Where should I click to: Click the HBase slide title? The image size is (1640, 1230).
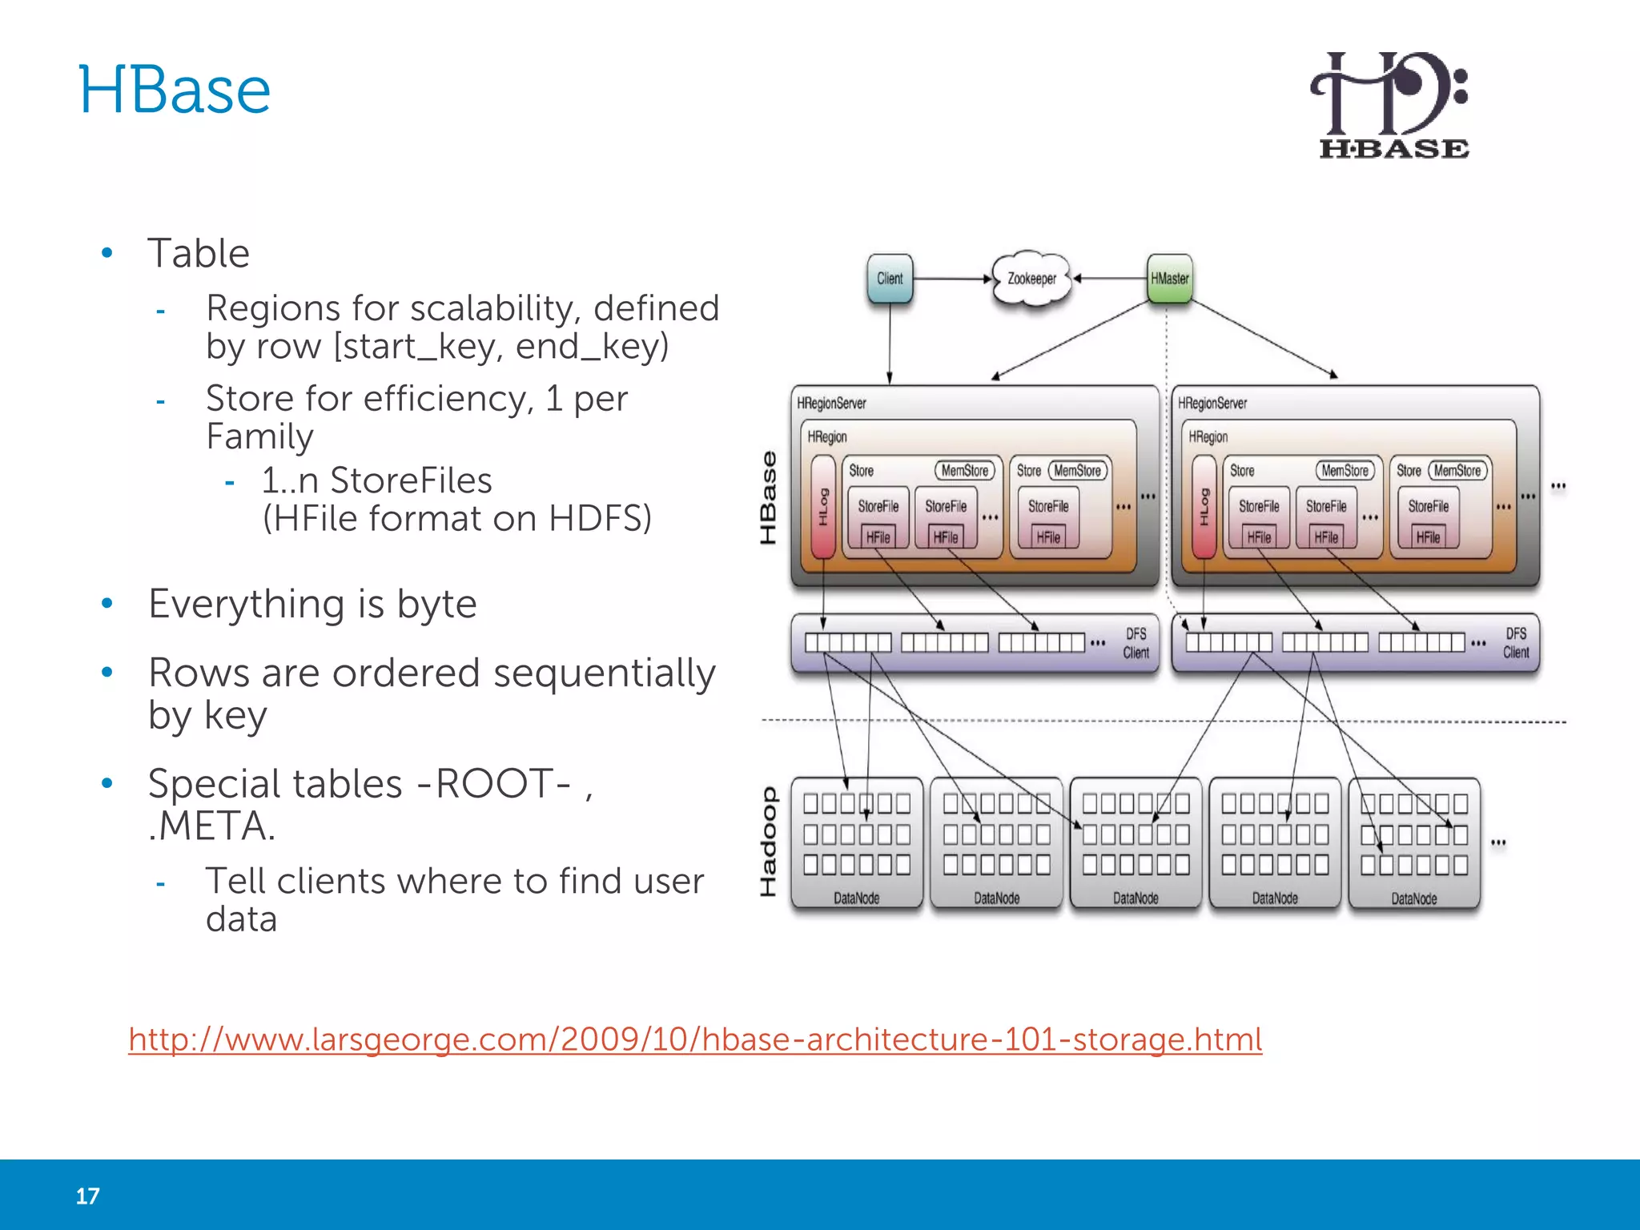tap(175, 90)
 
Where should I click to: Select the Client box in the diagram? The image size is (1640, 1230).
tap(890, 279)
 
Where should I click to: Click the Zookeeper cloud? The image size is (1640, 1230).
tap(1031, 279)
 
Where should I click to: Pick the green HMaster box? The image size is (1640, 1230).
tap(1169, 279)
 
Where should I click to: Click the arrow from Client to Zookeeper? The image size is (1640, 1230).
tap(951, 279)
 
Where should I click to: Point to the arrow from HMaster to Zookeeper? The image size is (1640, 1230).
tap(1111, 279)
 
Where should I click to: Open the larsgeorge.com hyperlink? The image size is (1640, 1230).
tap(695, 1039)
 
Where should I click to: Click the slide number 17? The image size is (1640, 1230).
tap(87, 1196)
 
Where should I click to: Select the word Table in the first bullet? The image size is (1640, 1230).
tap(199, 254)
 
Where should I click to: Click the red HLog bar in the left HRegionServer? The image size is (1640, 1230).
tap(823, 507)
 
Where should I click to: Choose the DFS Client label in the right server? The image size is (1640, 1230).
tap(1515, 643)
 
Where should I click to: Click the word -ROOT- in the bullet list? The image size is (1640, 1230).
tap(495, 784)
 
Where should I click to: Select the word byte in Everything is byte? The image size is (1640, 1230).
tap(436, 604)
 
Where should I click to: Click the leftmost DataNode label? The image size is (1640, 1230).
tap(856, 898)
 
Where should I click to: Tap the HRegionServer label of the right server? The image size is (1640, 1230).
tap(1212, 404)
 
